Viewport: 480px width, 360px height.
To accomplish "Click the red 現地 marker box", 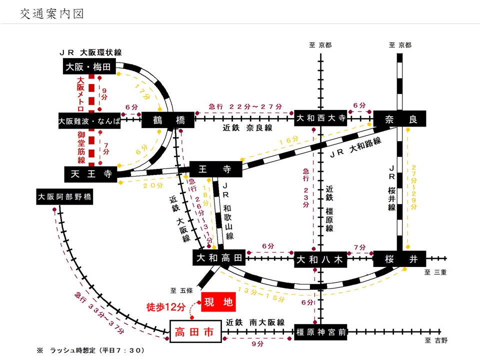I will point(218,303).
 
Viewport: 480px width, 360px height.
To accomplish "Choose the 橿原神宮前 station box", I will point(320,332).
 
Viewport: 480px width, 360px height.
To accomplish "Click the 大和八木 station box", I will point(320,259).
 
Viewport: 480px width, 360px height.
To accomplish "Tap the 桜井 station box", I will point(398,259).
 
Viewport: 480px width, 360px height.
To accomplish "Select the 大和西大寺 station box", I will point(320,119).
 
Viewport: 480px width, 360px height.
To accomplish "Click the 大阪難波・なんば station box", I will point(89,120).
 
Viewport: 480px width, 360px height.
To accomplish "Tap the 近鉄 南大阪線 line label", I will point(254,322).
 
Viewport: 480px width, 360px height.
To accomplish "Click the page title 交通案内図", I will point(51,13).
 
